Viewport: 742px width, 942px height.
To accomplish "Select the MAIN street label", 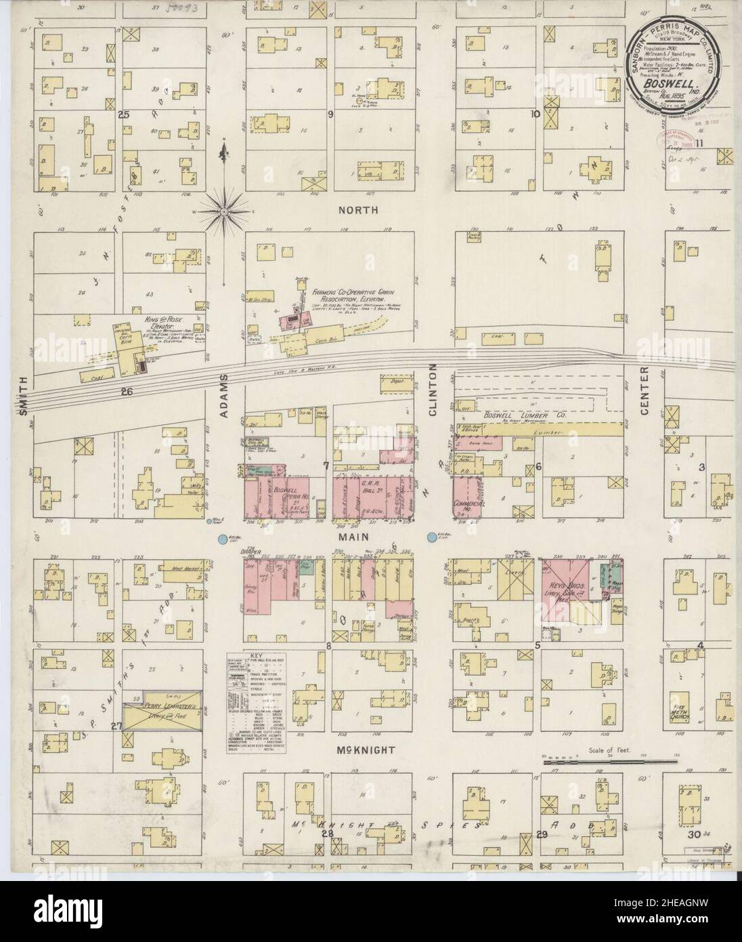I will tap(358, 536).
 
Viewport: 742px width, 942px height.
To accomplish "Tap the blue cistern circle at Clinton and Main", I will tap(431, 538).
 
